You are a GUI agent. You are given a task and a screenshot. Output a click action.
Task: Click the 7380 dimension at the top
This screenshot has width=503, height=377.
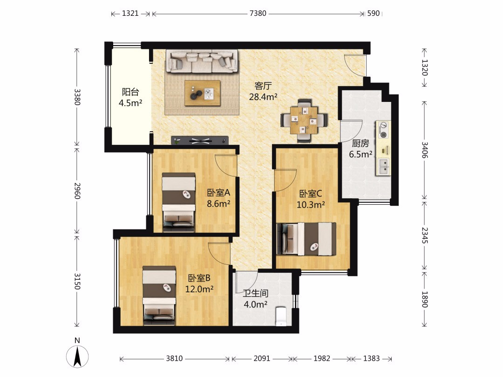point(258,13)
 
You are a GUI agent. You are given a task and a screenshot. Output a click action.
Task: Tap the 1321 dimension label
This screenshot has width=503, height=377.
point(130,13)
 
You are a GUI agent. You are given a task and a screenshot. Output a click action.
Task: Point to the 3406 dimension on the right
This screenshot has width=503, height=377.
point(424,150)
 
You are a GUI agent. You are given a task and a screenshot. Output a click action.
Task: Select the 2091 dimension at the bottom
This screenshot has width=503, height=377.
point(262,358)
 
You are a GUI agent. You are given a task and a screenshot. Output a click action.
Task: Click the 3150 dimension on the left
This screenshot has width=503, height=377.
point(77,281)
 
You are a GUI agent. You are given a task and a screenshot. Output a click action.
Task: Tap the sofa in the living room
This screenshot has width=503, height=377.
point(202,61)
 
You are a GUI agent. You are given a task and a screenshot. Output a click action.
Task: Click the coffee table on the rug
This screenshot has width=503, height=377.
point(203,93)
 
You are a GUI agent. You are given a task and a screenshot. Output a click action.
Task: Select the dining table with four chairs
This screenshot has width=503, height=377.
point(304,121)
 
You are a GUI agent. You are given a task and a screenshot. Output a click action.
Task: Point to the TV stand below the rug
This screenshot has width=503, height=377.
point(200,141)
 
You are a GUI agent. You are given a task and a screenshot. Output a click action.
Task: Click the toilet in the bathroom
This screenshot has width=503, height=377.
point(281,316)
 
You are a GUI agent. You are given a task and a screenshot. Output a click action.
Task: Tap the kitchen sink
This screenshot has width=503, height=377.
point(383,167)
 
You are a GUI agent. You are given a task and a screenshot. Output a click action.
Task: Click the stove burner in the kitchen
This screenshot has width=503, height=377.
point(383,130)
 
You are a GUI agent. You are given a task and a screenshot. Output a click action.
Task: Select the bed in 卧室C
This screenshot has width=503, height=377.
point(306,239)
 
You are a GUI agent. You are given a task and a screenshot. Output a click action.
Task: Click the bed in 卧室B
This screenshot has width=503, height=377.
point(159,295)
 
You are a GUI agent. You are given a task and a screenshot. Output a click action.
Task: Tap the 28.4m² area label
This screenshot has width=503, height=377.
point(263,96)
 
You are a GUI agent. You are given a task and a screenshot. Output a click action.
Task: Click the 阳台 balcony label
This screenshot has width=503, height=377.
point(130,92)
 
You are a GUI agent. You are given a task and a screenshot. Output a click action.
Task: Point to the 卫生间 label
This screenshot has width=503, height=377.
point(255,293)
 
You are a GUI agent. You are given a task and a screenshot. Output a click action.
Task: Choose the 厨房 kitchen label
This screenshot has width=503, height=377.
point(360,143)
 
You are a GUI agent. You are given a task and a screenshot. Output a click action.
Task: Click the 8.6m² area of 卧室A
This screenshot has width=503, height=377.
point(218,203)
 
